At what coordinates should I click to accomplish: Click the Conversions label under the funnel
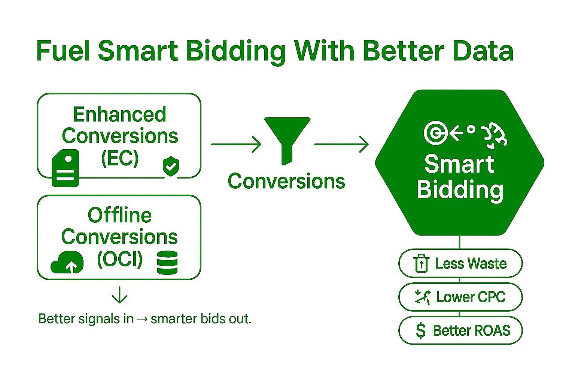(286, 181)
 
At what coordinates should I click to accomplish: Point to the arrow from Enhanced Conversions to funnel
(236, 144)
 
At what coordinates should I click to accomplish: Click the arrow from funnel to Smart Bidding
(341, 144)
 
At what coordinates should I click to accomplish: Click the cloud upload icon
(67, 262)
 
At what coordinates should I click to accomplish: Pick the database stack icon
(167, 262)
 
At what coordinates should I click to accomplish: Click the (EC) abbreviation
(120, 158)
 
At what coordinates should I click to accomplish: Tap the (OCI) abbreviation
(120, 259)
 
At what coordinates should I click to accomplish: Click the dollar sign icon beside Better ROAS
(421, 331)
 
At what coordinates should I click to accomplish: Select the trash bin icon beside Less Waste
(422, 263)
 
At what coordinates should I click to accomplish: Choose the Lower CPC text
(471, 297)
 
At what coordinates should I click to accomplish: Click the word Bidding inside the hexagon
(460, 190)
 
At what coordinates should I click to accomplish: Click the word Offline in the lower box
(120, 215)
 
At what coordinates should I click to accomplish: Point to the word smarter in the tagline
(173, 319)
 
